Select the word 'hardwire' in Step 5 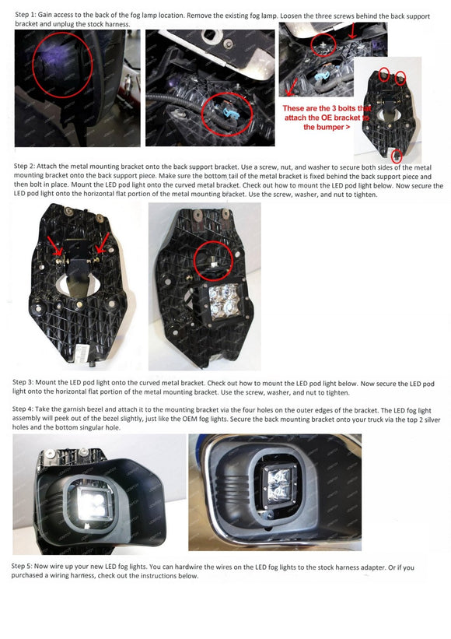point(187,567)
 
